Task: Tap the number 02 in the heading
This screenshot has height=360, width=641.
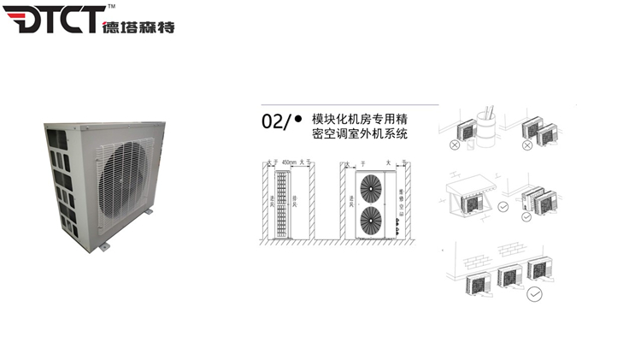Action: [x=272, y=121]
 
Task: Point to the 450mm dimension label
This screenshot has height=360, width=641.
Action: [x=290, y=162]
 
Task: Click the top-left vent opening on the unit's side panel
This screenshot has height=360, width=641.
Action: [x=54, y=138]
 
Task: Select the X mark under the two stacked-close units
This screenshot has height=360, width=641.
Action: [x=528, y=145]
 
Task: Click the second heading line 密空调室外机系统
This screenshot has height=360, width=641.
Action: [x=360, y=135]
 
